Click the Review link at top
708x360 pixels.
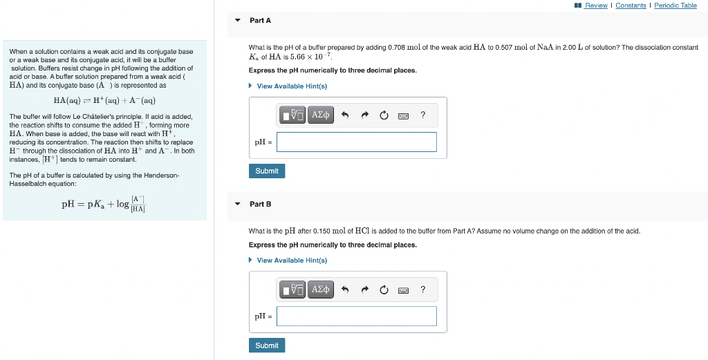[x=595, y=6]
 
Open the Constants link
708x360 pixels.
[x=631, y=6]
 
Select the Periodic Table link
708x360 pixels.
[x=676, y=6]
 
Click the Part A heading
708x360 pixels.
[x=260, y=21]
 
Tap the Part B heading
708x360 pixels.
[x=260, y=204]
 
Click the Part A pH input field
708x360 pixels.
[x=357, y=142]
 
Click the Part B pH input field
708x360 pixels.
[x=357, y=316]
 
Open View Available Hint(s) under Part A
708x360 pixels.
[x=291, y=86]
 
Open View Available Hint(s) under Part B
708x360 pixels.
[x=291, y=260]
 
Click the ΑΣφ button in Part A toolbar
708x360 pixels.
[x=321, y=115]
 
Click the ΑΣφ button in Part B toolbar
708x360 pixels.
[x=321, y=289]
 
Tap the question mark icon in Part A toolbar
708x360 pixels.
[x=423, y=115]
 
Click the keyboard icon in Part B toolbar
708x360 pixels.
[x=404, y=290]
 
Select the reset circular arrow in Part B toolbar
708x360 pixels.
[x=384, y=290]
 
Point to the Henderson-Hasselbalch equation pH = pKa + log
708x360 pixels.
[x=104, y=204]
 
